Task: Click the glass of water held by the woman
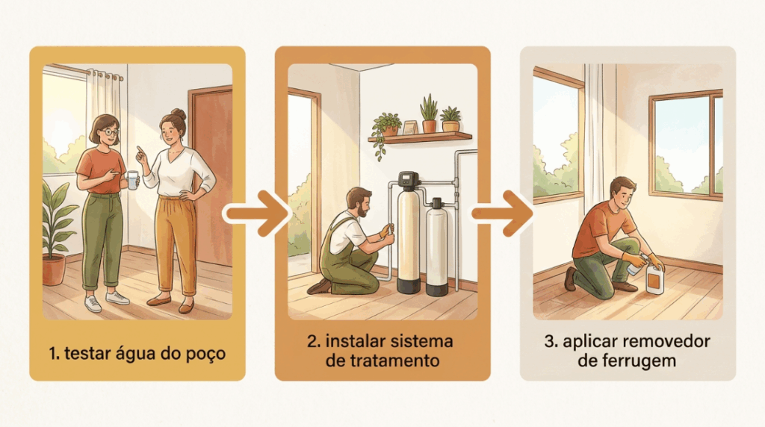tap(132, 180)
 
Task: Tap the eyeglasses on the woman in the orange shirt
tap(111, 132)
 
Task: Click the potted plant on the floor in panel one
tap(55, 234)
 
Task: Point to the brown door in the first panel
tap(211, 175)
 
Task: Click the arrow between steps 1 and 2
tap(257, 213)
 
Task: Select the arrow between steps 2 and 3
tap(501, 213)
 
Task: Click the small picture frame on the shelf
tap(410, 128)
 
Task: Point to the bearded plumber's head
tap(359, 202)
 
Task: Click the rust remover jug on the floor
tap(654, 278)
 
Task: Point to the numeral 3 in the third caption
tap(549, 341)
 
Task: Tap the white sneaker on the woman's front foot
tap(117, 298)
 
